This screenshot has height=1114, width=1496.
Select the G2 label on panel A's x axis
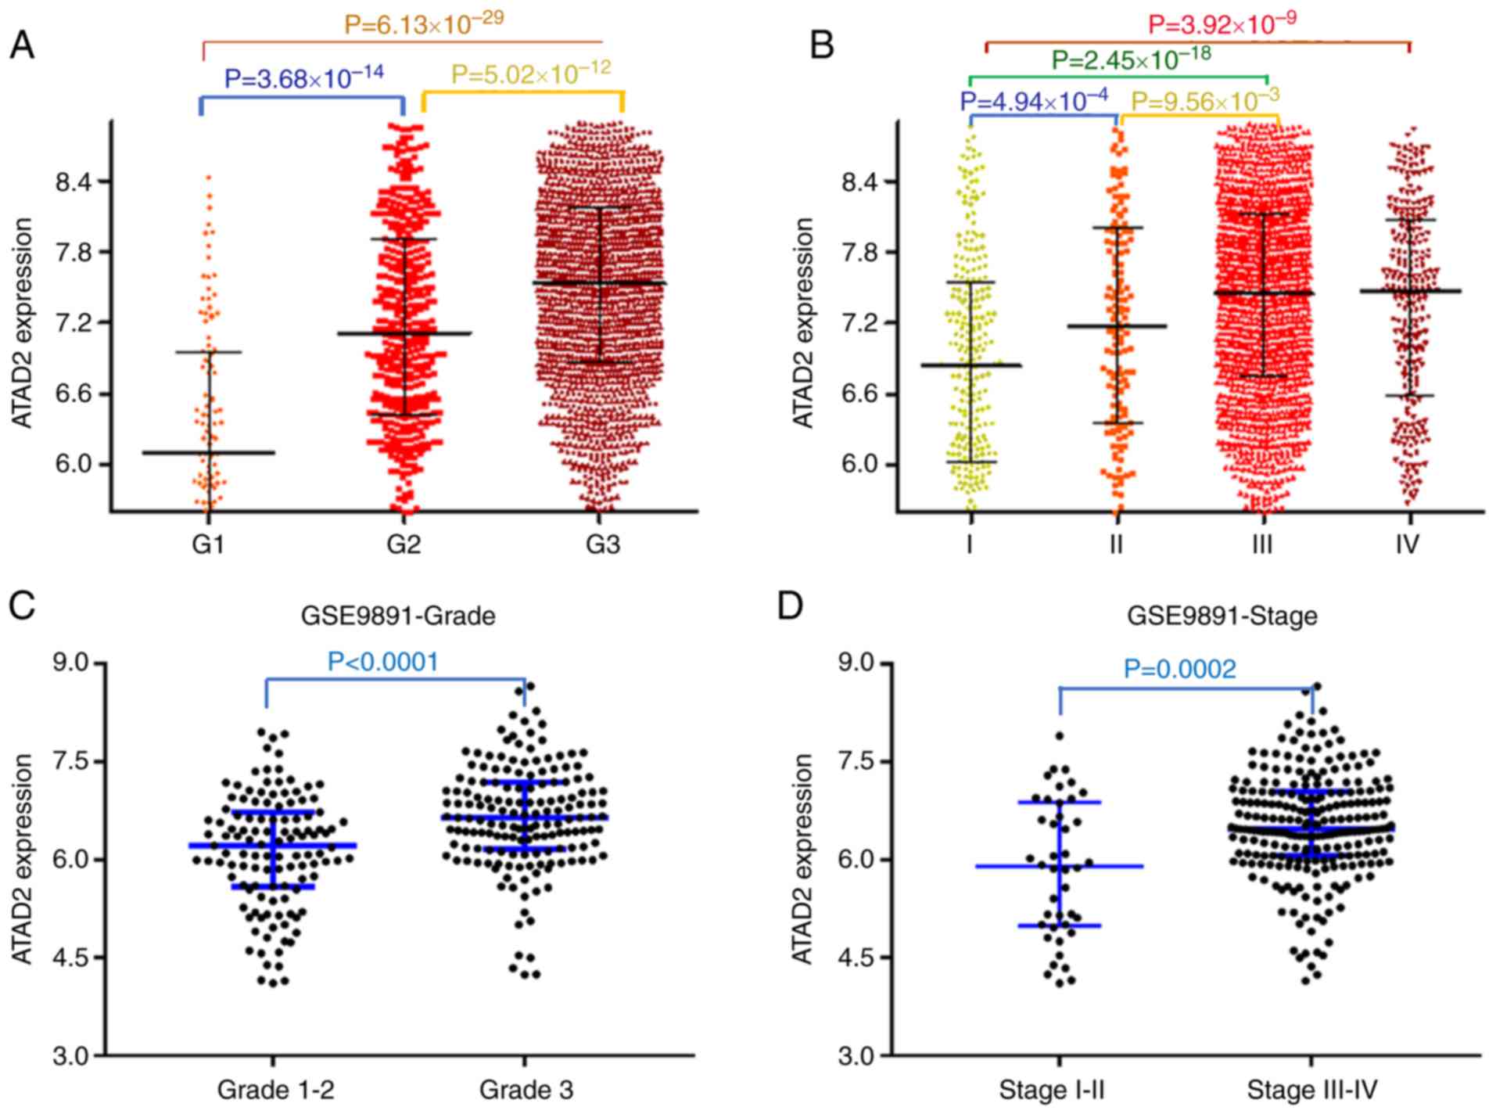click(x=404, y=544)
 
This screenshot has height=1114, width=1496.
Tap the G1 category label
click(x=208, y=544)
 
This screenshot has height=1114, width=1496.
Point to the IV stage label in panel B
click(x=1407, y=544)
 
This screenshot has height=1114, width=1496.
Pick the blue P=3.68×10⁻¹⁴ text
click(x=304, y=77)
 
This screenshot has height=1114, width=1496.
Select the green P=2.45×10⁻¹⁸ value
click(x=1131, y=58)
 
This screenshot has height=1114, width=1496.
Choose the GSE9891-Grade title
click(x=398, y=616)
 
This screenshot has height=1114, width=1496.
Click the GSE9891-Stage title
click(x=1222, y=616)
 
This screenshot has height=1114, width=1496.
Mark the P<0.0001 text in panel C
click(x=383, y=662)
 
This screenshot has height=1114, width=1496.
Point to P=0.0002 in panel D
click(x=1180, y=669)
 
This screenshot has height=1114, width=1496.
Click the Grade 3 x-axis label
click(x=526, y=1090)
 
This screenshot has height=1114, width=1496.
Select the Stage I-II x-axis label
click(x=1051, y=1090)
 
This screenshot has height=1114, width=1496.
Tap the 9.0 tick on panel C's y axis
click(x=72, y=663)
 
